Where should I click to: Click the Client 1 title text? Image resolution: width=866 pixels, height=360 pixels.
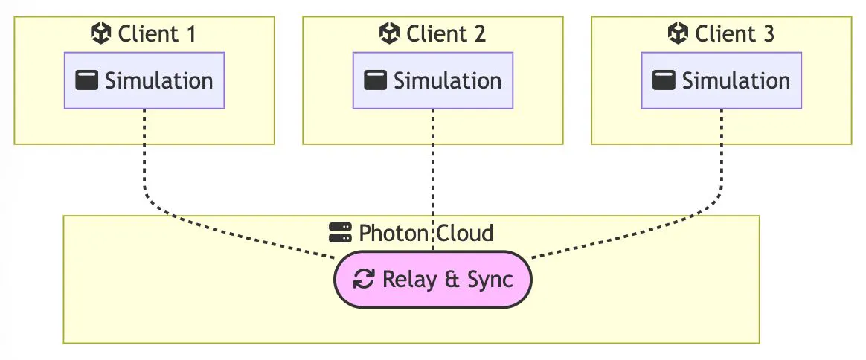click(x=157, y=33)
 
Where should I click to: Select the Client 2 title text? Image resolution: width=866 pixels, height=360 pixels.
click(x=446, y=33)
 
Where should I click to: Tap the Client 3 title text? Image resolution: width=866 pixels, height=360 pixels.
click(x=734, y=33)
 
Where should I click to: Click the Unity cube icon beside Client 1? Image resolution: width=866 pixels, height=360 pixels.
click(x=100, y=33)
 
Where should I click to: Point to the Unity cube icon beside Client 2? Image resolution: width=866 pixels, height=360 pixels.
click(x=389, y=33)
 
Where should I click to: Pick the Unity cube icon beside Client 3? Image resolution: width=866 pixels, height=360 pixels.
click(x=678, y=33)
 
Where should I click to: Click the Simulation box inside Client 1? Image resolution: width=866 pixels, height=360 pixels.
click(x=144, y=80)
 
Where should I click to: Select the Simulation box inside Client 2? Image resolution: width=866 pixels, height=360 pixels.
click(x=433, y=80)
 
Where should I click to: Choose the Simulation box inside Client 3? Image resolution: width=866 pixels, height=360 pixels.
click(x=722, y=80)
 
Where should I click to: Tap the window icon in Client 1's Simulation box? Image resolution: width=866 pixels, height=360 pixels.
click(x=87, y=80)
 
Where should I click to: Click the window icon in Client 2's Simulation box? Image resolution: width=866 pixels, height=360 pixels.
click(x=376, y=80)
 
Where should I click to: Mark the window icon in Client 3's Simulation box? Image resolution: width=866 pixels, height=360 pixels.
click(x=664, y=80)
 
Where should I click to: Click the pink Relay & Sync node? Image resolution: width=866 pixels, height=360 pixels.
click(x=433, y=280)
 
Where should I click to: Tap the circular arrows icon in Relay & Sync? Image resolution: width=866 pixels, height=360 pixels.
click(x=364, y=280)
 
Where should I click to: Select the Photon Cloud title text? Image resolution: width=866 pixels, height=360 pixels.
click(x=426, y=233)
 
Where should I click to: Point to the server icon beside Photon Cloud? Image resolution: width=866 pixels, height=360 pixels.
click(x=340, y=233)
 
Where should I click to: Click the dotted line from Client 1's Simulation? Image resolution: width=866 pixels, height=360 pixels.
click(x=144, y=164)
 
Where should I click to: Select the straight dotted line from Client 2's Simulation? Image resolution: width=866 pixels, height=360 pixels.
click(x=433, y=171)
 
